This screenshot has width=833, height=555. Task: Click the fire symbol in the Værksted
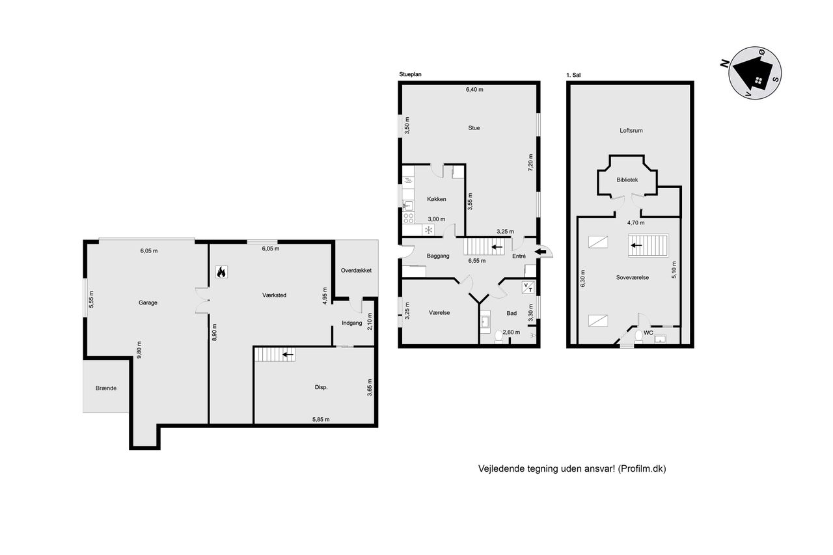pos(221,272)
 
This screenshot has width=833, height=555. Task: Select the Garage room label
pos(148,303)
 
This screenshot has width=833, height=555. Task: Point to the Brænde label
pos(106,388)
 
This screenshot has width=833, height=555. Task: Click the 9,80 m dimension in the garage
pos(139,350)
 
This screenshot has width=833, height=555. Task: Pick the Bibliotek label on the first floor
pos(627,180)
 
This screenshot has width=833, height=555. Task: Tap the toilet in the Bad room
pos(498,336)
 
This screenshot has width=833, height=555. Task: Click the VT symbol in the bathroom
pos(528,288)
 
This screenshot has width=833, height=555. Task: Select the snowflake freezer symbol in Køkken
pos(428,230)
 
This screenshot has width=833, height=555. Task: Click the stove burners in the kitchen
pos(408,218)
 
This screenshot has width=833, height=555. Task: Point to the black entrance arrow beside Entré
pos(541,252)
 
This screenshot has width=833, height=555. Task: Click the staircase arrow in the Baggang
pos(497,247)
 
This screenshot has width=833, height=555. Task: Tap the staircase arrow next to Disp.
pos(288,355)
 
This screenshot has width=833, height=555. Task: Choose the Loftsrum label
pos(631,131)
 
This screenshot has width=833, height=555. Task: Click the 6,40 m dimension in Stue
pos(474,90)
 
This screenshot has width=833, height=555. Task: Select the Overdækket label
pos(356,271)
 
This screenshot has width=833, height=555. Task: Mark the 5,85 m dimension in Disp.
pos(321,419)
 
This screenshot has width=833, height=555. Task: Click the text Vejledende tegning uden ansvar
pos(547,468)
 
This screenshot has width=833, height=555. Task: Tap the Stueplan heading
pos(410,74)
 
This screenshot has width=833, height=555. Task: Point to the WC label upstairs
pos(648,332)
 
